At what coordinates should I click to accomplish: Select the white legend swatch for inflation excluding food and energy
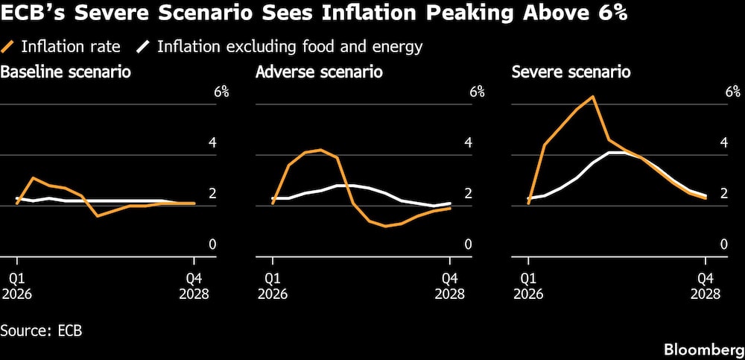point(142,47)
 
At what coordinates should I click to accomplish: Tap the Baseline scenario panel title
point(66,72)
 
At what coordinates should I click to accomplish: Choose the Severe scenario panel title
point(571,72)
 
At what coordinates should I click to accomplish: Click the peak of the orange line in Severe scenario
point(593,97)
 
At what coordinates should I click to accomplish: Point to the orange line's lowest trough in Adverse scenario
point(385,226)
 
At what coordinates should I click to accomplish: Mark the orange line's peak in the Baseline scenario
point(33,178)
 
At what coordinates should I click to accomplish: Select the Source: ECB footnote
point(41,329)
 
